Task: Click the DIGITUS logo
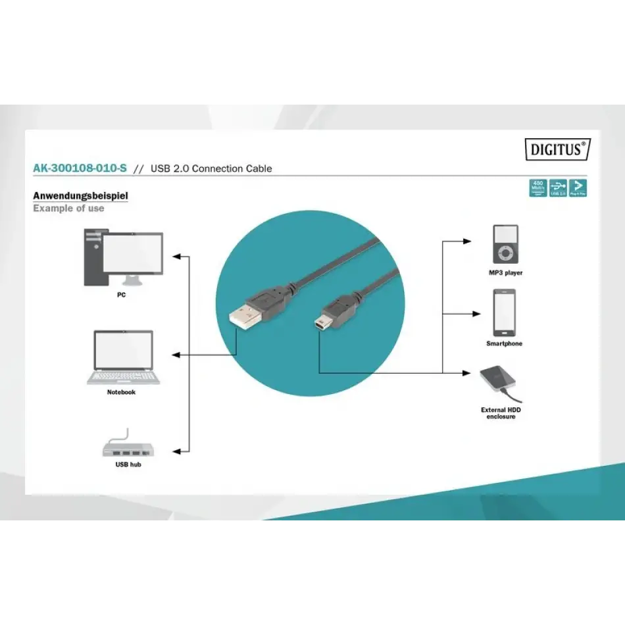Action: coord(557,149)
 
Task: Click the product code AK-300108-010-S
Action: coord(80,168)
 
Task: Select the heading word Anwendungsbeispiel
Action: coord(80,195)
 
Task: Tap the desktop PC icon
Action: coord(123,258)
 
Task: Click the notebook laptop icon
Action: coord(123,357)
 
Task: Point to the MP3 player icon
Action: coord(505,244)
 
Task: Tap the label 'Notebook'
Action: coord(121,392)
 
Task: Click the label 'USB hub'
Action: coord(128,464)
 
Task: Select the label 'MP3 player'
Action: coord(505,272)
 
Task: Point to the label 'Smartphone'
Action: coord(505,343)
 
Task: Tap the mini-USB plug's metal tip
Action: coord(318,322)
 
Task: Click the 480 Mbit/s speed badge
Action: coord(538,187)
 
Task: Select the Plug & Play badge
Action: coord(578,187)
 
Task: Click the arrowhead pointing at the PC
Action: coord(176,256)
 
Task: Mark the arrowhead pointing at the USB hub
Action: coord(176,451)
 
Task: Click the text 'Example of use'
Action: coord(68,209)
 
